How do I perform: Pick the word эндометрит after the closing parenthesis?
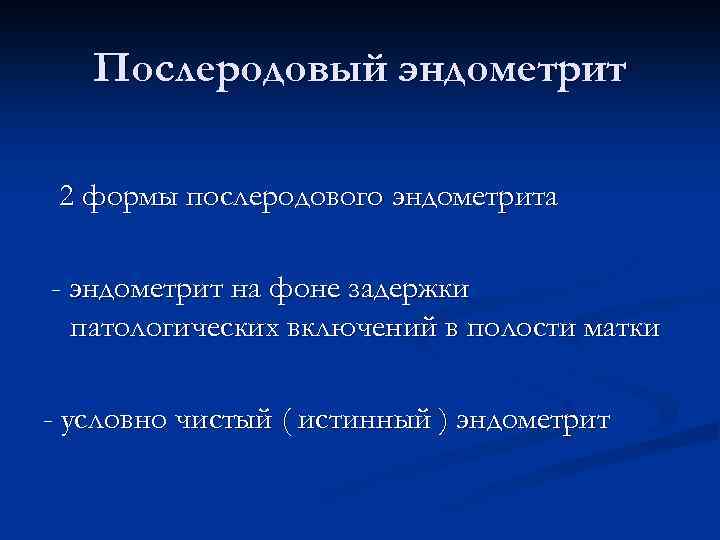click(x=532, y=421)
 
